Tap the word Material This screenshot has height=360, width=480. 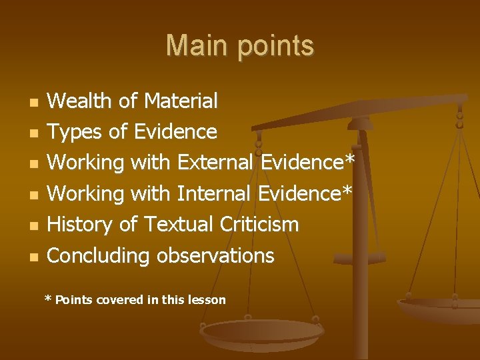pyautogui.click(x=181, y=101)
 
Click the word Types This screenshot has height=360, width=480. pyautogui.click(x=77, y=133)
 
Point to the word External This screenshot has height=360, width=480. pyautogui.click(x=217, y=163)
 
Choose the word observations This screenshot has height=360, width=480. pyautogui.click(x=215, y=256)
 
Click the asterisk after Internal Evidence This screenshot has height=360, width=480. pyautogui.click(x=346, y=191)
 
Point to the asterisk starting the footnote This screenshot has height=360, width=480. pyautogui.click(x=48, y=299)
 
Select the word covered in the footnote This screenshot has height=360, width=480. pyautogui.click(x=120, y=300)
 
